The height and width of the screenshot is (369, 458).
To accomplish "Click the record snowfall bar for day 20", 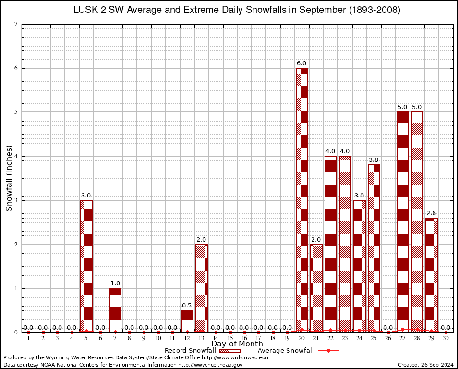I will coord(302,200).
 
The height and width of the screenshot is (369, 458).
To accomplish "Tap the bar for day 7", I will coord(115,310).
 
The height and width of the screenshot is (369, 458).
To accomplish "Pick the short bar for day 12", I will coord(187,321).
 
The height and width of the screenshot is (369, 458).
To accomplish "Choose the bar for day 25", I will coord(374,248).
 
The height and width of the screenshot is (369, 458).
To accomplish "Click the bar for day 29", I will coord(432,275).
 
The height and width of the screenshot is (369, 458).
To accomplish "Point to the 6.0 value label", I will coord(301,63).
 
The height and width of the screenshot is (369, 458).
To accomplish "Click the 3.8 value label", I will coord(374,160).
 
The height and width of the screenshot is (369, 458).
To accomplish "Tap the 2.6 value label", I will coord(431,213).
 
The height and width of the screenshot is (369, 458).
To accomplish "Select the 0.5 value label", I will coord(187,306).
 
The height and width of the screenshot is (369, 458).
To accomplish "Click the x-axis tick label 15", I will coord(230,339).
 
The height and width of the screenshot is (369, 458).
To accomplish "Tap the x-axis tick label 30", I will coord(446,339).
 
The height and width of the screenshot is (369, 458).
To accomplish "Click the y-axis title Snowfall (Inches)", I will coord(9,178).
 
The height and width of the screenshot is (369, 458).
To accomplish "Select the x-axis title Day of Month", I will coord(237,344).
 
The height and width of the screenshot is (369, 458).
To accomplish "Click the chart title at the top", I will coord(237,10).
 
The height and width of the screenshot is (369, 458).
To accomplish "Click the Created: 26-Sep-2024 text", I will coord(426,365).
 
